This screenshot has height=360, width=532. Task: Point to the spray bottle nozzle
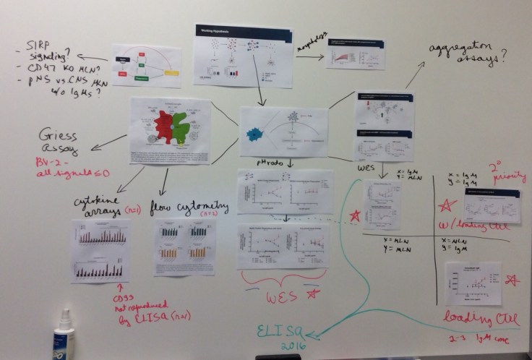click(x=63, y=319)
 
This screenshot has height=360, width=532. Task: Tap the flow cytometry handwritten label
click(x=192, y=207)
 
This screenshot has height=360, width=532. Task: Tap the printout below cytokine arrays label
click(x=100, y=250)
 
